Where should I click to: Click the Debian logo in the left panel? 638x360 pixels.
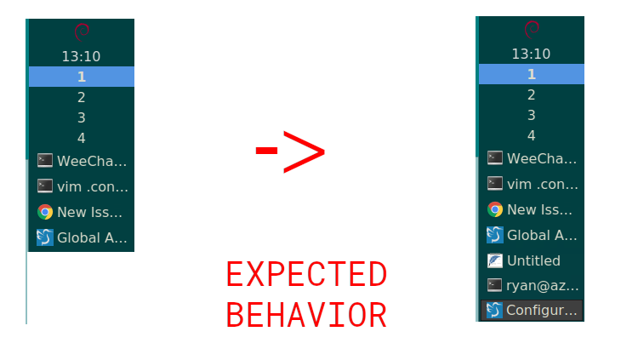pos(82,32)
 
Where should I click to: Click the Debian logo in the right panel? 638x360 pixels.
pos(532,30)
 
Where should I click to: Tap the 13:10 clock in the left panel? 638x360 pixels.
pos(81,56)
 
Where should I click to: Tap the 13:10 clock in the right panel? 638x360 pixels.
pos(531,54)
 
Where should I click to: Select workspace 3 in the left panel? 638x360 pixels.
pos(82,117)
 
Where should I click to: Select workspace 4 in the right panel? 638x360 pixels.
pos(531,135)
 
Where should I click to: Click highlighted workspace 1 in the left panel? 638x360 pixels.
pos(82,77)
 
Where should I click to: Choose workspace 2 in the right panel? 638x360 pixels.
pos(531,94)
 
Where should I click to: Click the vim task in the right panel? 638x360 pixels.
pos(532,183)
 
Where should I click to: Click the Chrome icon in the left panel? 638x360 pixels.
pos(45,212)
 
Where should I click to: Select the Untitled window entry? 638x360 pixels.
pos(532,260)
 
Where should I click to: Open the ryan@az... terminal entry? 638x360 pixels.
pos(532,285)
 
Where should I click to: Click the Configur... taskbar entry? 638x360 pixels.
pos(532,310)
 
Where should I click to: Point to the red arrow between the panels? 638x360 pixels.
pos(290,151)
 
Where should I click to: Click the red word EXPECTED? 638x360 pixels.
pos(306,275)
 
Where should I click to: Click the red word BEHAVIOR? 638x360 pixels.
pos(306,314)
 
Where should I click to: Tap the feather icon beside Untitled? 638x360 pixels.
pos(494,260)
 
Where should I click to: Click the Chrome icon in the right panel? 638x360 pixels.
pos(494,209)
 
